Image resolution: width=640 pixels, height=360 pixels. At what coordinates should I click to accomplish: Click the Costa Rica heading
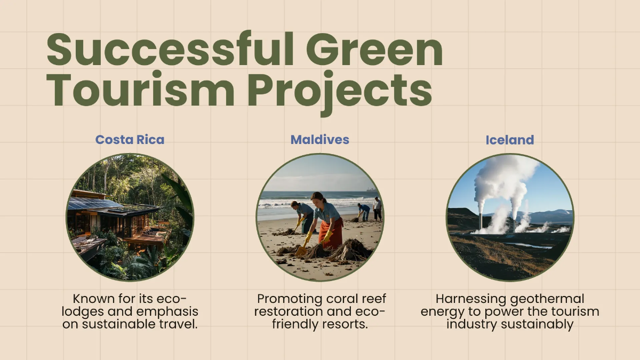point(130,140)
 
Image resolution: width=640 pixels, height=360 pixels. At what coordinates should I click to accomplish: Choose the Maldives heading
point(319,140)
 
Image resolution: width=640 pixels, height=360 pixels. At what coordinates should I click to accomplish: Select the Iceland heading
point(509,140)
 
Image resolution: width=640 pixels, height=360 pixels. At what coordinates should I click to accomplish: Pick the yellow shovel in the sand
point(303,249)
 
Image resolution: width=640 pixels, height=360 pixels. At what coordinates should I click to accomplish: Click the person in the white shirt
point(377,205)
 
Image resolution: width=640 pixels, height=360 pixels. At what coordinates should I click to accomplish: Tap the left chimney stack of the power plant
point(481,219)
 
